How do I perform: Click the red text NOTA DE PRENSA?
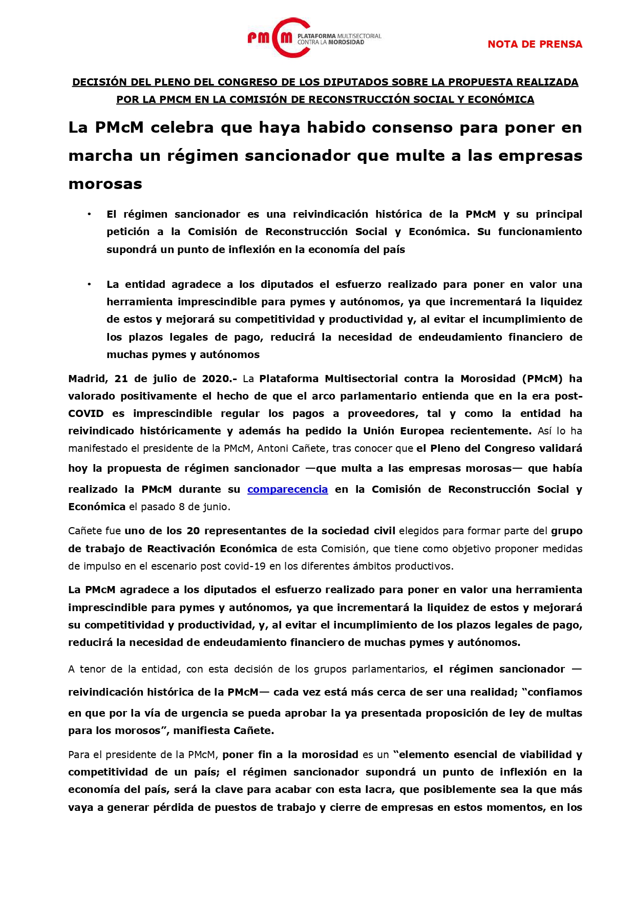click(x=535, y=44)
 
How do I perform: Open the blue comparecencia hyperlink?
click(x=287, y=489)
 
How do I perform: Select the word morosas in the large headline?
click(x=105, y=183)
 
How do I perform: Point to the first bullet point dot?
click(x=89, y=214)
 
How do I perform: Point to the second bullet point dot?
click(x=89, y=284)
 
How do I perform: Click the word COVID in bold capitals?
click(x=86, y=414)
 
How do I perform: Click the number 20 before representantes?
click(x=193, y=531)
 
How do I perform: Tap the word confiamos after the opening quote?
click(x=554, y=693)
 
